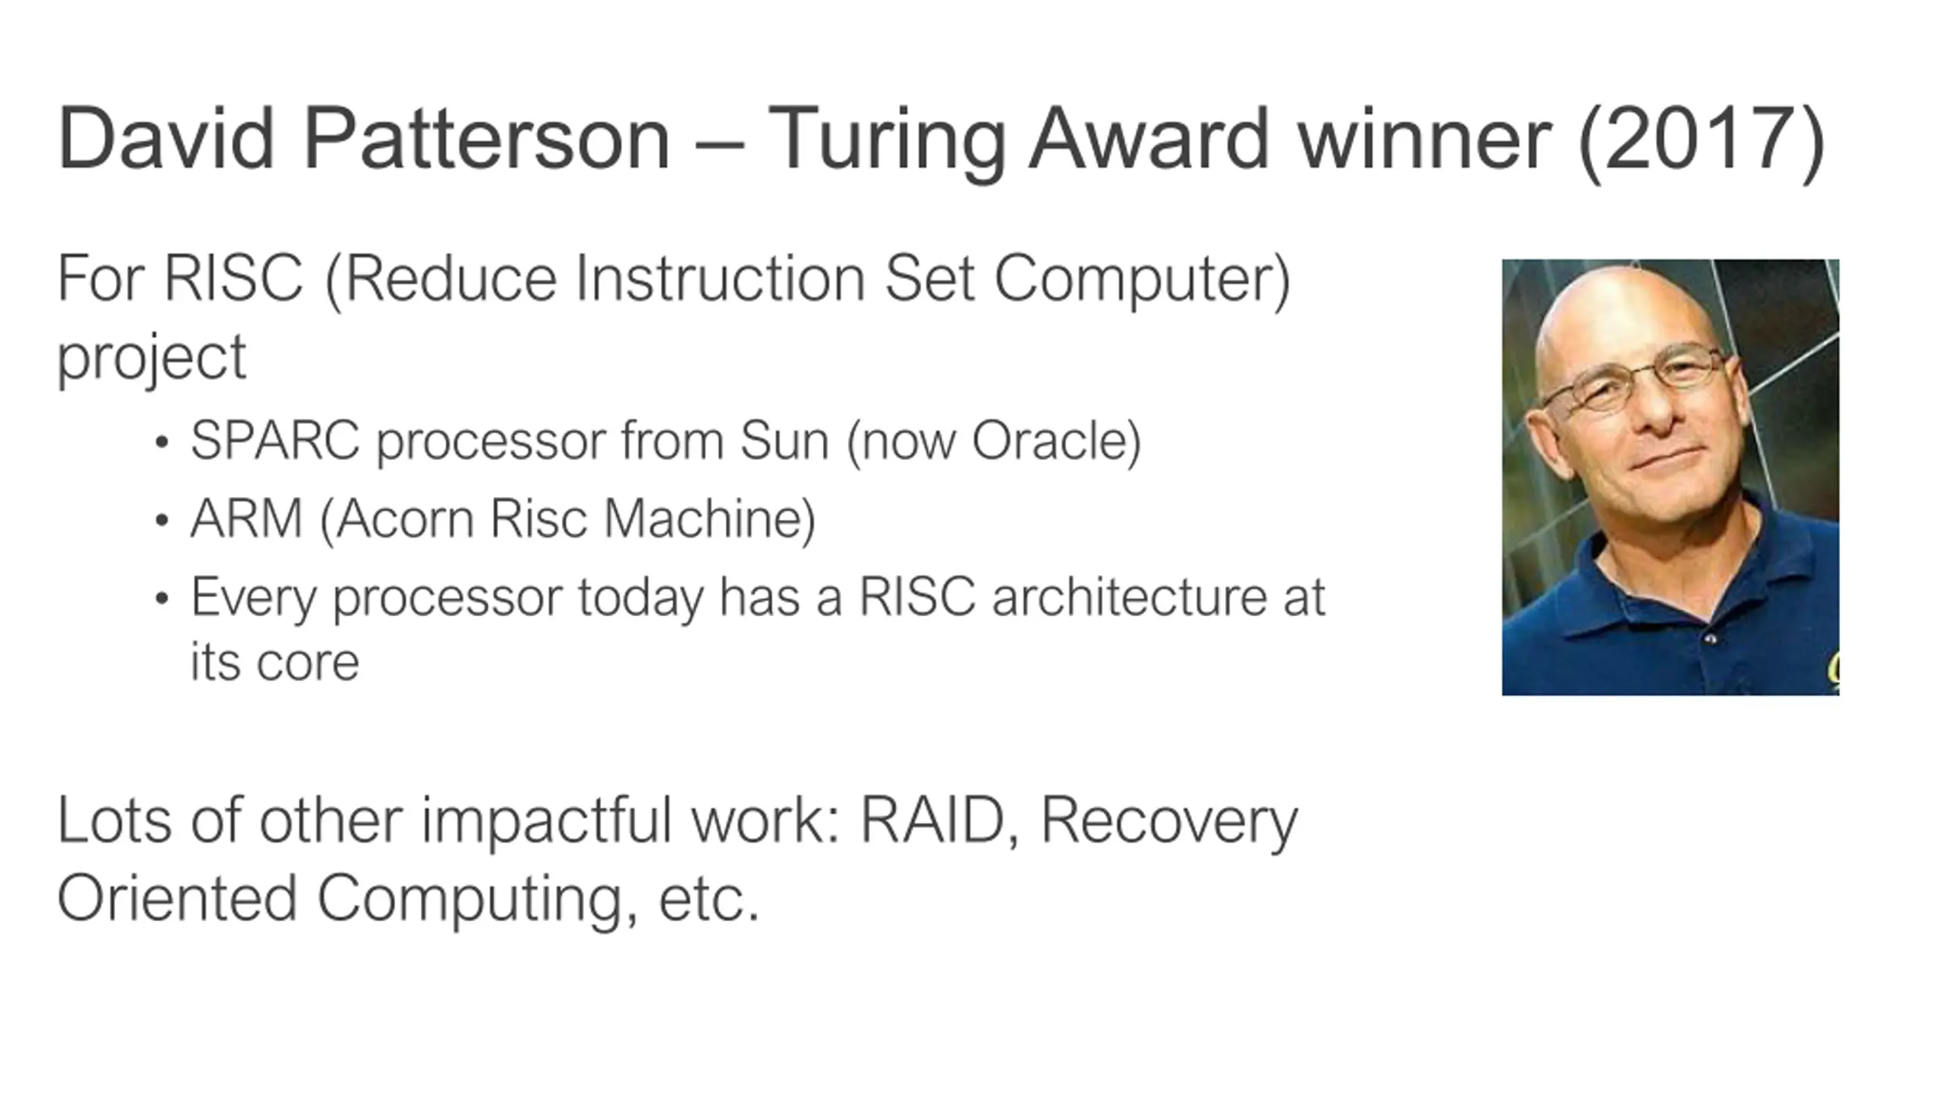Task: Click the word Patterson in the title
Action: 486,139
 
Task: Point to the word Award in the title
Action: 1149,139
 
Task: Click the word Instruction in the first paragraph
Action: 721,278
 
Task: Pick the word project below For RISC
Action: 152,359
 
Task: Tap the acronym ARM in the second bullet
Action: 246,518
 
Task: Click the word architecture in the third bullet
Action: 1128,596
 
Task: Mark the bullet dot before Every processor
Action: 161,599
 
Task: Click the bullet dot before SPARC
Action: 161,443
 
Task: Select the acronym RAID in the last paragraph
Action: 932,820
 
